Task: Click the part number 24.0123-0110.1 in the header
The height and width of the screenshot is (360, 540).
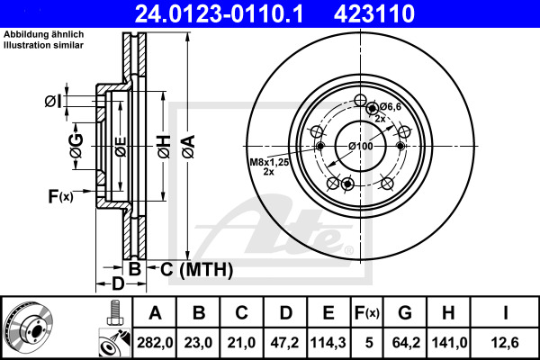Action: (219, 13)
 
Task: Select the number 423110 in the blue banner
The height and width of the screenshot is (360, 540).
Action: (374, 13)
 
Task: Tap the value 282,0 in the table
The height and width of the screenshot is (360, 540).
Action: (155, 343)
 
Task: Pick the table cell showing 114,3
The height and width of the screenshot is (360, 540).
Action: (328, 343)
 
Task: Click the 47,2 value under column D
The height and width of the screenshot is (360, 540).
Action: (284, 343)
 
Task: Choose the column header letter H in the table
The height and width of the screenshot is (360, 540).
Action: (448, 313)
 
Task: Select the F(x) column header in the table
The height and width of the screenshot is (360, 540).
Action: (367, 313)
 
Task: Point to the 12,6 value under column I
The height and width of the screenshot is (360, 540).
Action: (505, 343)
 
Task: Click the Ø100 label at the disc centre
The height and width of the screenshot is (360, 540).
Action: (361, 146)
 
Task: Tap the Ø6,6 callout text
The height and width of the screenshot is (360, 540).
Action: (391, 107)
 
